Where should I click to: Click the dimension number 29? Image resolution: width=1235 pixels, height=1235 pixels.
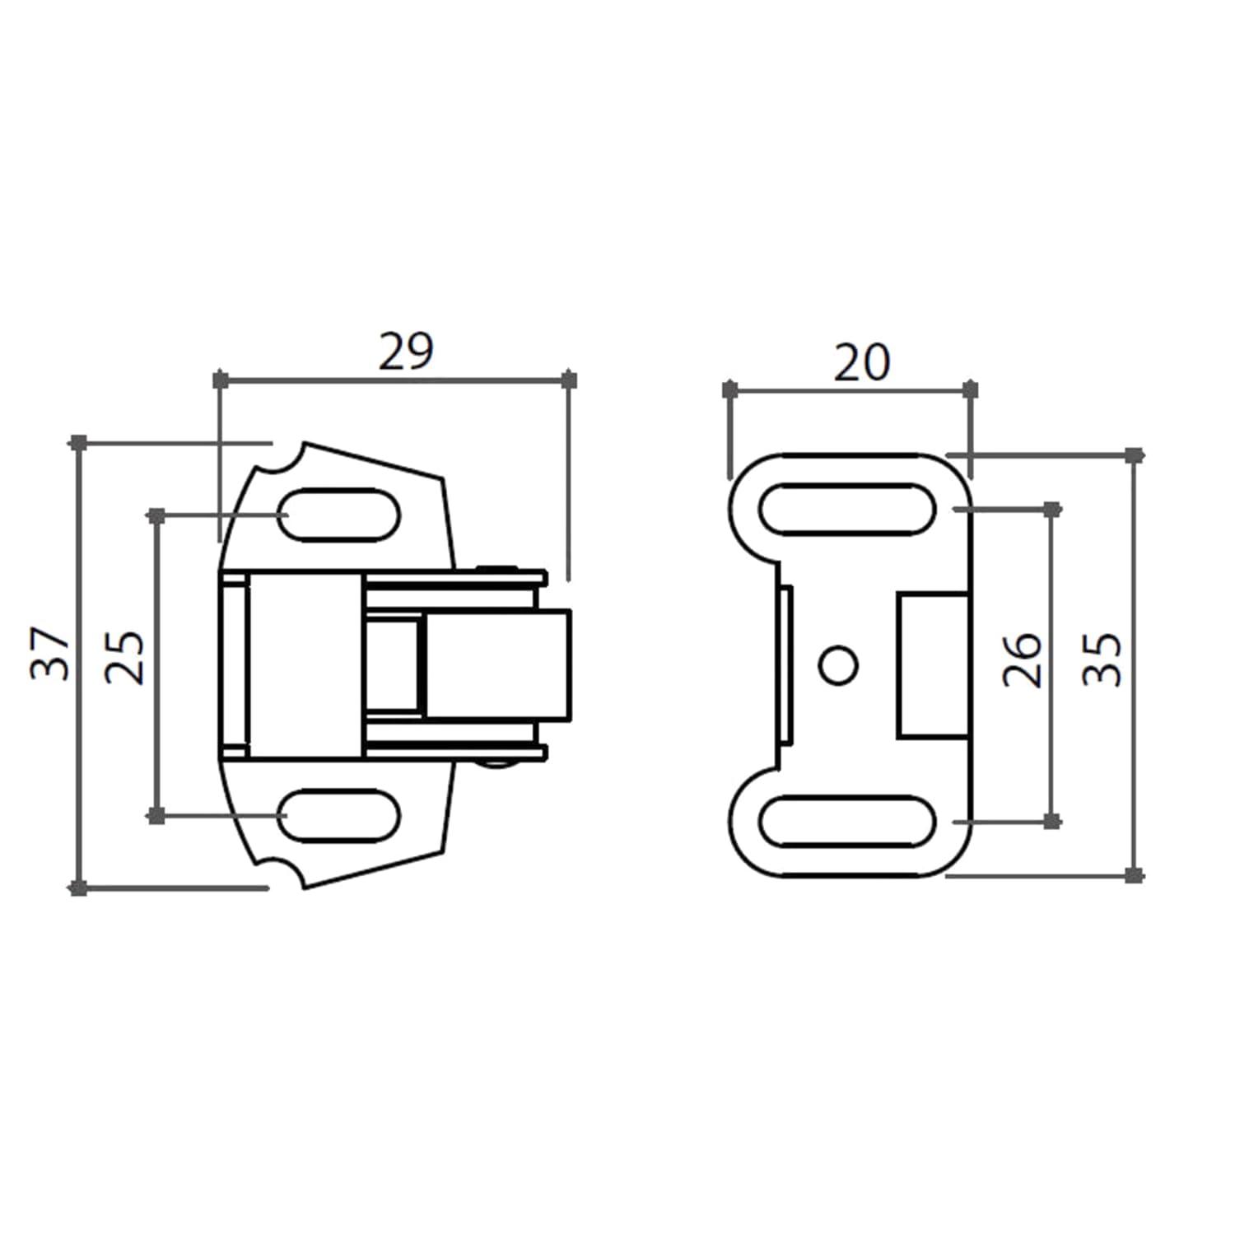pos(405,352)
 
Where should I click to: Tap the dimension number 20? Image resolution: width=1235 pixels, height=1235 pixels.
pos(861,362)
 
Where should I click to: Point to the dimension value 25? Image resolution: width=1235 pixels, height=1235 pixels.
pos(125,658)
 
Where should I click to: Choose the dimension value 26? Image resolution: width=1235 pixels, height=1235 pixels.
pos(1023,660)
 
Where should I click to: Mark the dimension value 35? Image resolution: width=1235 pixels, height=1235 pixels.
pos(1102,659)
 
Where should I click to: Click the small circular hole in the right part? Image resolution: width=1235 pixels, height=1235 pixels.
pos(840,665)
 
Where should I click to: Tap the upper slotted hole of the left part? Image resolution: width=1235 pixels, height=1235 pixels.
pos(340,515)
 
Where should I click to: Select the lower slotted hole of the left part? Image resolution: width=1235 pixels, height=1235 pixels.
pos(340,815)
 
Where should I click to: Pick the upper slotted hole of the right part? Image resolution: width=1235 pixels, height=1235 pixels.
pos(847,509)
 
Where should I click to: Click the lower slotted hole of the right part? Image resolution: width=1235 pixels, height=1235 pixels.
pos(847,822)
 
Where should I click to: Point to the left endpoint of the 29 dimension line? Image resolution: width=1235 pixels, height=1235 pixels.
pos(220,380)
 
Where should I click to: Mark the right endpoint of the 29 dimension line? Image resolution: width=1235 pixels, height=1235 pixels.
pos(569,380)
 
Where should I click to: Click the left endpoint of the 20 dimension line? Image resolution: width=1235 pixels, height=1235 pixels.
pos(729,389)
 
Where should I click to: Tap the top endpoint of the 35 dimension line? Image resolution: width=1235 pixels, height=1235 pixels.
pos(1135,454)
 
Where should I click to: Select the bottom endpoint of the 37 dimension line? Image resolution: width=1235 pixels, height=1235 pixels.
pos(78,888)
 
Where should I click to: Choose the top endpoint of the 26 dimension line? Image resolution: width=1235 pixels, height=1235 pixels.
pos(1051,510)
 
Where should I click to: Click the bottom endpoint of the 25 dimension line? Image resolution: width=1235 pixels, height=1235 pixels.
pos(156,816)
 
